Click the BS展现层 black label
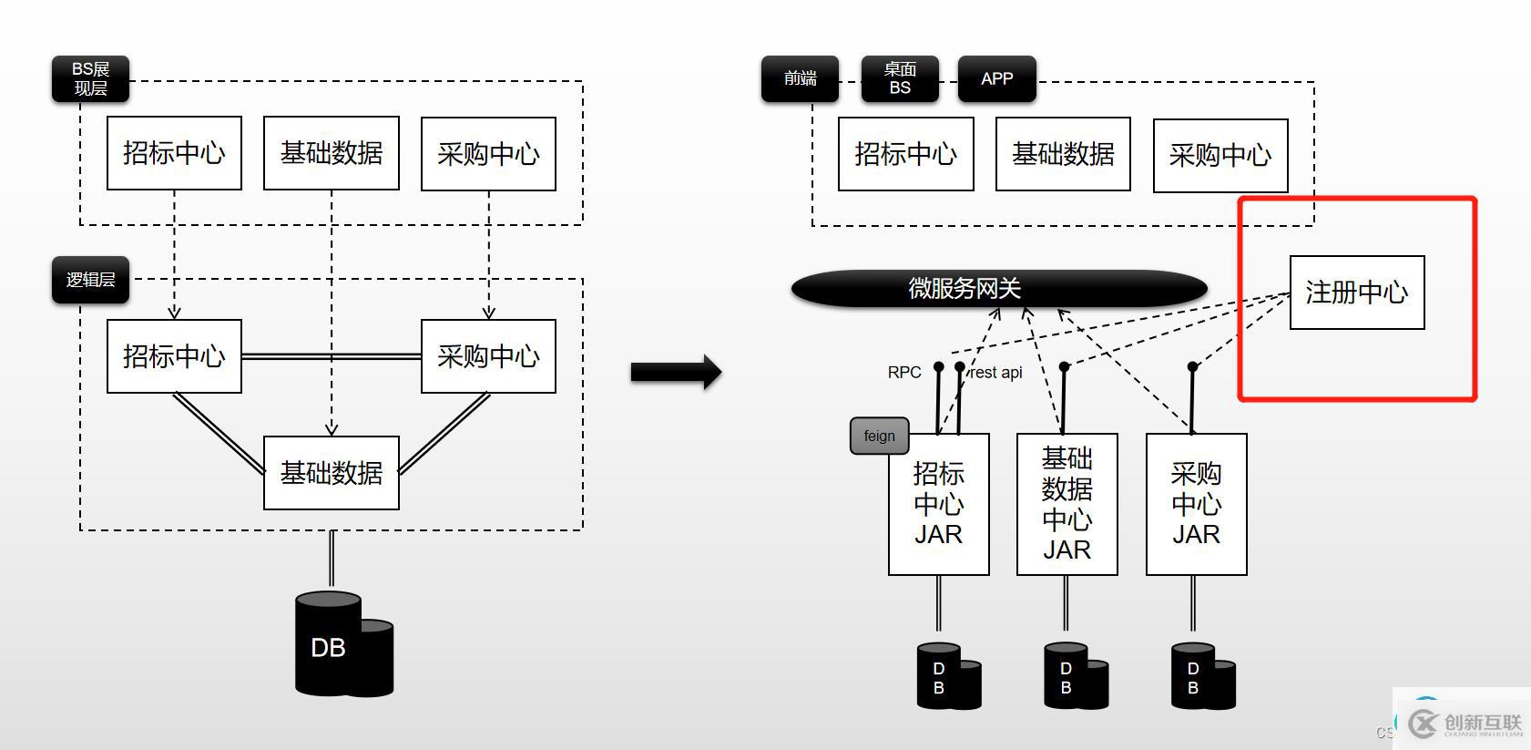90,79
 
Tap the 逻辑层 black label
90,280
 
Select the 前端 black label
800,78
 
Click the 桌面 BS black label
900,78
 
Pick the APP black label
996,78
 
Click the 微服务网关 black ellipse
999,288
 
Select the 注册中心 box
1356,293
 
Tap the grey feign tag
879,436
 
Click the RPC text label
903,372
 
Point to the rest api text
996,372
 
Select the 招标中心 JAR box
938,504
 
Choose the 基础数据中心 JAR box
1067,504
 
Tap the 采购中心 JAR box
1196,504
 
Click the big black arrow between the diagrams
676,372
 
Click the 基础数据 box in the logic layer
331,473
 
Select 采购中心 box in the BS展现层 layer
488,154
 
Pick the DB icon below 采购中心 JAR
1201,676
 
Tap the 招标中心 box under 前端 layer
905,154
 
